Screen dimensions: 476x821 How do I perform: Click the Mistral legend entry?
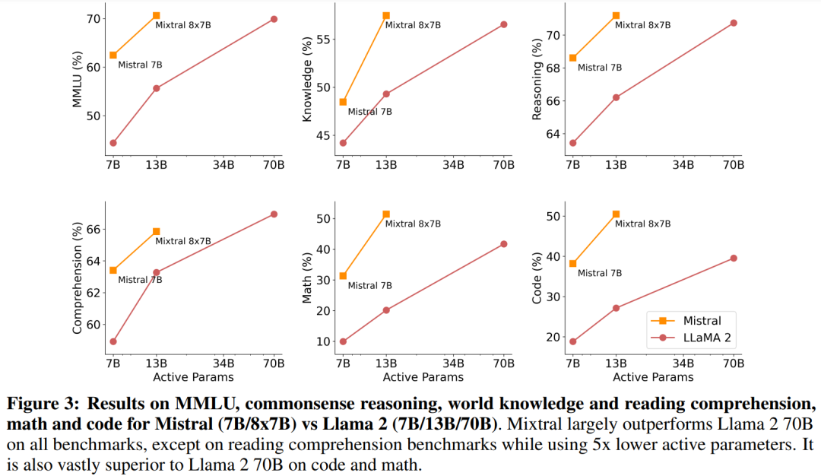tap(692, 320)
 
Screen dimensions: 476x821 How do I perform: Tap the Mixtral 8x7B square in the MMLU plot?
tap(156, 15)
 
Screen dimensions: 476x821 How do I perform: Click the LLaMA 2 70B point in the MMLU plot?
tap(274, 19)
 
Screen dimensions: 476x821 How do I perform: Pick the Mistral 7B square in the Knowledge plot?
tap(343, 102)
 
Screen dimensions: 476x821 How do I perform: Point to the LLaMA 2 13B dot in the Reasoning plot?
tap(616, 97)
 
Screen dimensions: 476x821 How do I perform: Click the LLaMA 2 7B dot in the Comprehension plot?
tap(113, 341)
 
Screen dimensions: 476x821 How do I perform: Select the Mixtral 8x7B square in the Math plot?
tap(386, 214)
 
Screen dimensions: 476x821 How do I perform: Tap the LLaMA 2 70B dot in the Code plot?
tap(734, 258)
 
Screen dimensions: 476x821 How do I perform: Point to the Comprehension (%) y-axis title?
tap(77, 278)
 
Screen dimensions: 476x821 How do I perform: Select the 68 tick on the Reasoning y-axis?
tap(552, 68)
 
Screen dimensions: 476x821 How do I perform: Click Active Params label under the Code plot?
tap(653, 376)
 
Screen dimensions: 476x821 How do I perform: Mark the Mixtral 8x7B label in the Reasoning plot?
tap(642, 25)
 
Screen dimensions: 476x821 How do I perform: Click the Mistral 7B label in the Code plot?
tap(600, 273)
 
